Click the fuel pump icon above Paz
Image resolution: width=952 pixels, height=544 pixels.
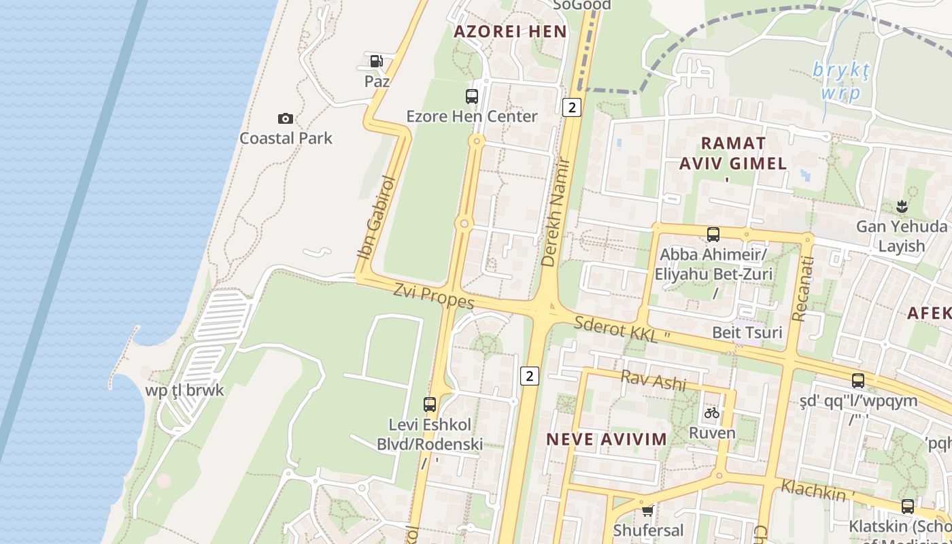tap(376, 61)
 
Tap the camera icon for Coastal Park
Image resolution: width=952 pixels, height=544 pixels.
tap(286, 118)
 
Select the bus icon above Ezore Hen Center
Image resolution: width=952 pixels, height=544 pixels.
tap(472, 97)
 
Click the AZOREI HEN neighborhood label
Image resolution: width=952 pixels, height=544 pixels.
tap(510, 31)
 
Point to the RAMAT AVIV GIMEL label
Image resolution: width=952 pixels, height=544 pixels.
tap(733, 153)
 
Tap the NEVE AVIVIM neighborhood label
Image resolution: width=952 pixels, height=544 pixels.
tap(607, 439)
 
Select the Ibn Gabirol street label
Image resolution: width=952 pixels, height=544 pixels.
tap(376, 218)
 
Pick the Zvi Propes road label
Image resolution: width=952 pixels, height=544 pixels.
tap(434, 296)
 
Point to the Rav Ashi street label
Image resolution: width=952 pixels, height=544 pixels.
tap(653, 380)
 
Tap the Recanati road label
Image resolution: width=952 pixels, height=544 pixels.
tap(802, 288)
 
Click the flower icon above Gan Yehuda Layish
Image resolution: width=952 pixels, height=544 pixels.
tap(902, 206)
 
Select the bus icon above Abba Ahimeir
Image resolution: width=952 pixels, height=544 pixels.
tap(713, 235)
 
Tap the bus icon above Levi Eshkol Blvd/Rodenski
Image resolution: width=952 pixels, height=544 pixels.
tap(430, 405)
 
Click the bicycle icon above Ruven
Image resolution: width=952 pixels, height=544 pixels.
tap(712, 413)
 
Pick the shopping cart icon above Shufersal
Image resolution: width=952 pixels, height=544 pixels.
tap(647, 509)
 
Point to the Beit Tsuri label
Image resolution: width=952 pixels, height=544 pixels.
tap(747, 333)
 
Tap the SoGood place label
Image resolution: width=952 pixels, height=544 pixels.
tap(581, 5)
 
